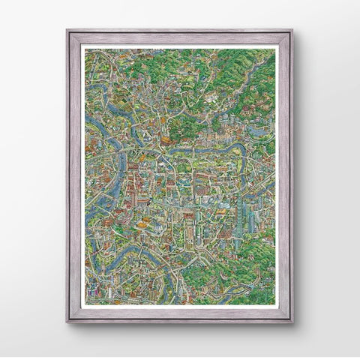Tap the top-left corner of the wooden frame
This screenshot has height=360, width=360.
point(68,31)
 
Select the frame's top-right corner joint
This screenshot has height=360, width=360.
point(291,31)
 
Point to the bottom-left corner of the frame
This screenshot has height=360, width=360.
point(68,321)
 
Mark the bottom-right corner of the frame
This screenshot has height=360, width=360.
point(291,321)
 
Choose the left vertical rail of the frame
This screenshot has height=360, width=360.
point(76,176)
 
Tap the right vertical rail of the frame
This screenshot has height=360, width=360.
point(284,176)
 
